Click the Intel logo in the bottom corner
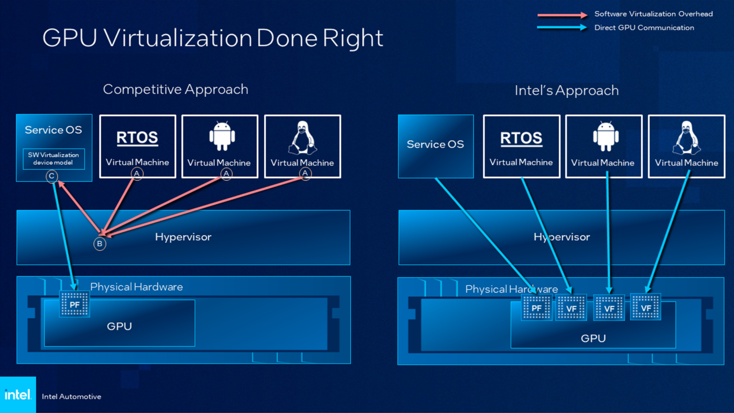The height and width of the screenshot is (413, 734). click(x=18, y=395)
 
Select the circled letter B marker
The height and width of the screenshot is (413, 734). click(x=100, y=244)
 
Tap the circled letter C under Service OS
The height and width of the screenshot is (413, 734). click(x=52, y=176)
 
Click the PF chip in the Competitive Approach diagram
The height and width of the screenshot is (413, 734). click(x=75, y=303)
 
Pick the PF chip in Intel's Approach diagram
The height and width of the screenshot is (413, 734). click(x=536, y=307)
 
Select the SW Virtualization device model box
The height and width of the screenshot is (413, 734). click(x=53, y=159)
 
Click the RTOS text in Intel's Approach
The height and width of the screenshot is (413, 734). click(x=521, y=138)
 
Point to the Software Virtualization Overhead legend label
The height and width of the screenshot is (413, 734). click(x=653, y=14)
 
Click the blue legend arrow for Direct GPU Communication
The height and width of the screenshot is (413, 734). click(x=562, y=28)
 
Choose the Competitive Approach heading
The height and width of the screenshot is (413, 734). click(x=176, y=89)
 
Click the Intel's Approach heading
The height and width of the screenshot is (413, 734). click(x=566, y=91)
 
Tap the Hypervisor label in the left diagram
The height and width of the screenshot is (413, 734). click(x=183, y=237)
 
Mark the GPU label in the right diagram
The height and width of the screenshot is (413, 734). click(x=593, y=339)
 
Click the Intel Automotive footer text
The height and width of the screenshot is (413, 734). click(x=71, y=397)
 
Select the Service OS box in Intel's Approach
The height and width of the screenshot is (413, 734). click(x=436, y=146)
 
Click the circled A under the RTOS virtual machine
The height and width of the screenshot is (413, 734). click(x=137, y=174)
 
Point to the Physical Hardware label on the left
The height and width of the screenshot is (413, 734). click(x=136, y=287)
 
